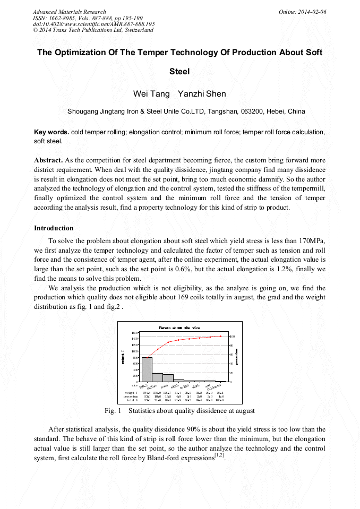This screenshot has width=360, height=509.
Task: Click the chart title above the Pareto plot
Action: [179, 327]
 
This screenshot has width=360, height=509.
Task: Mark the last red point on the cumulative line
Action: [221, 336]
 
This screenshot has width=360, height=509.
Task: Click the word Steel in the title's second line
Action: [179, 71]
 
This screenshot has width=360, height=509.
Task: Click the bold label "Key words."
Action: [51, 132]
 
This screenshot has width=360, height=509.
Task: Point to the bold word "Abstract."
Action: [48, 160]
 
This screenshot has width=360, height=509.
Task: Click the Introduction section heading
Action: [54, 228]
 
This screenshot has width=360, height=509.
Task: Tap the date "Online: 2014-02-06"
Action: [302, 12]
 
